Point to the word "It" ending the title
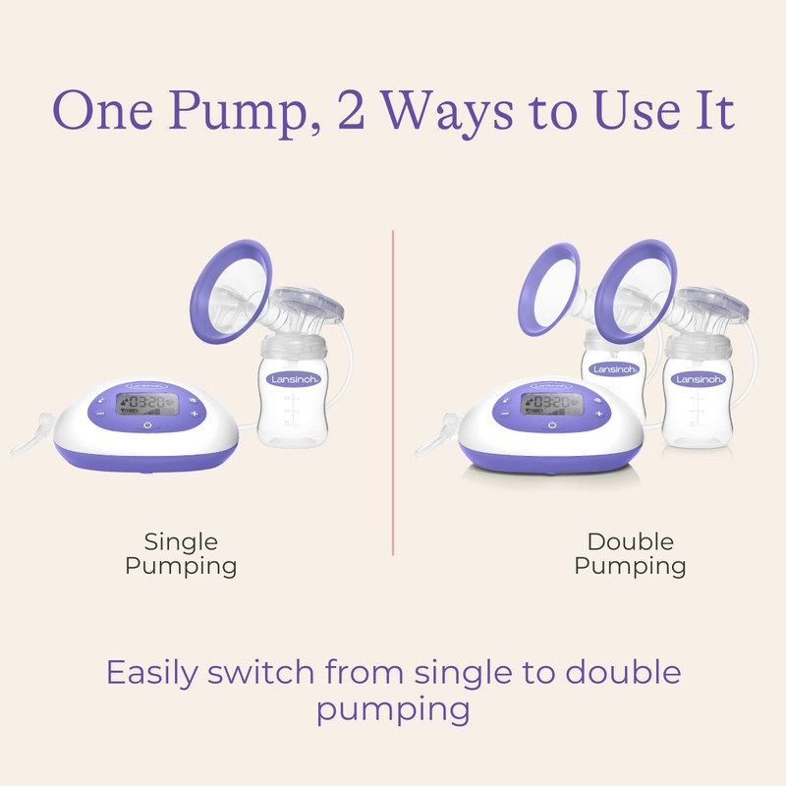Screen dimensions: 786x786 point(714,111)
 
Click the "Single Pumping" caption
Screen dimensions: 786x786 point(181,553)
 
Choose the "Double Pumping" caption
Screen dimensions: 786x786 point(630,553)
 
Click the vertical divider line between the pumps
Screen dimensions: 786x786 point(393,393)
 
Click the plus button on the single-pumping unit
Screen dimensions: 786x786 point(195,414)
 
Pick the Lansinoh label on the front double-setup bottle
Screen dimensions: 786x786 point(699,377)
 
